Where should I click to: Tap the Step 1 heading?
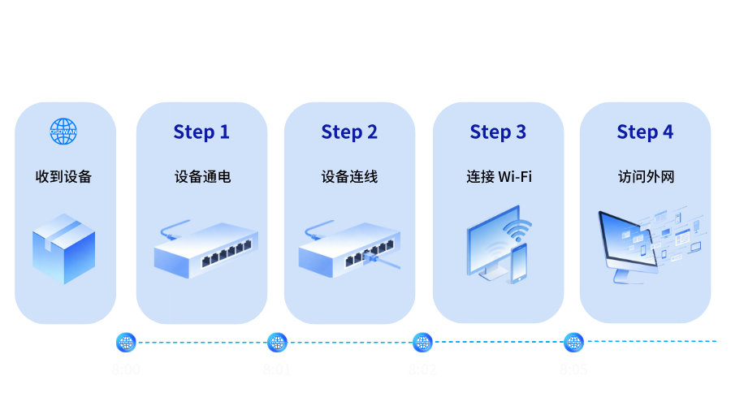pyautogui.click(x=201, y=132)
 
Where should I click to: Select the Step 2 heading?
pyautogui.click(x=349, y=132)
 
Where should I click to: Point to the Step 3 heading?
pyautogui.click(x=498, y=132)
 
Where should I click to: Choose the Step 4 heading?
pyautogui.click(x=645, y=132)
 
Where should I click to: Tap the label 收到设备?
pyautogui.click(x=63, y=176)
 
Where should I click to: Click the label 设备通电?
pyautogui.click(x=202, y=176)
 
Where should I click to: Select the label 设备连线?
pyautogui.click(x=349, y=176)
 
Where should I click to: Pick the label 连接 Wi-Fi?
pyautogui.click(x=499, y=176)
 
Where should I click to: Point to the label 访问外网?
pyautogui.click(x=646, y=176)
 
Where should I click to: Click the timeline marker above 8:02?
pyautogui.click(x=422, y=342)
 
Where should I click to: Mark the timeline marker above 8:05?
pyautogui.click(x=573, y=342)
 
